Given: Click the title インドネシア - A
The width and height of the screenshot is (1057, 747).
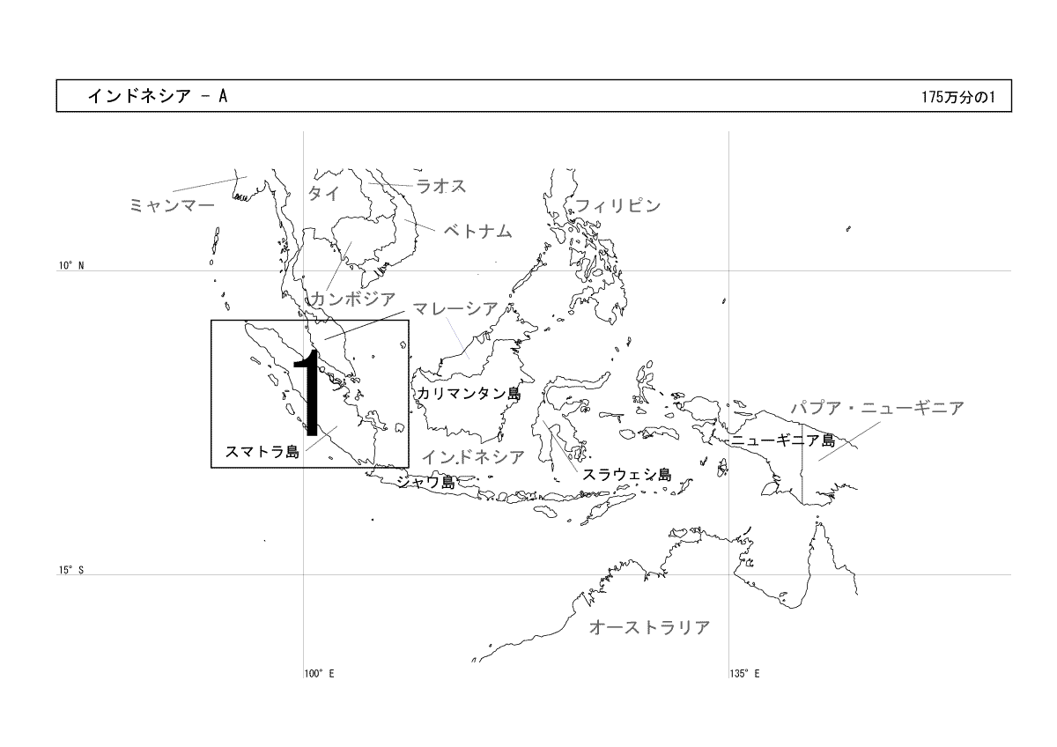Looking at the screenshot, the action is point(158,96).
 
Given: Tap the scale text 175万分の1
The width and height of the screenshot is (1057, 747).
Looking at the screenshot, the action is point(958,97).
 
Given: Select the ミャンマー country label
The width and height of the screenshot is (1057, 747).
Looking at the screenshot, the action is point(172,205).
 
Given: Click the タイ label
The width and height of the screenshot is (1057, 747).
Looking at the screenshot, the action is point(324,193).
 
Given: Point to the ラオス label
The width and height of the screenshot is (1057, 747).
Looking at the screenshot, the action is point(441,186).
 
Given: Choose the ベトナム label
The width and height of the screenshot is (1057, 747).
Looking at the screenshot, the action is point(477,231).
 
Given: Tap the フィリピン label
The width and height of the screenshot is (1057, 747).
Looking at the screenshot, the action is point(618,206).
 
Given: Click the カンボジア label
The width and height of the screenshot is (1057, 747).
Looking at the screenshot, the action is point(352,300).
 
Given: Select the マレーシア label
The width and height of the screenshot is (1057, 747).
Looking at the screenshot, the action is point(455,308).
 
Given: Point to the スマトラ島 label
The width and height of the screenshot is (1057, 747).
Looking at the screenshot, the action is point(262,452).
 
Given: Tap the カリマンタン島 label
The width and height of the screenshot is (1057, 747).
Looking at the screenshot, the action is point(469,394).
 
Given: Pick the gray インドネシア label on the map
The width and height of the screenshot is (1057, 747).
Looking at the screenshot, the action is point(473,457).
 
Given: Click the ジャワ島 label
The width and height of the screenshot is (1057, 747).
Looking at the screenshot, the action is point(426,482).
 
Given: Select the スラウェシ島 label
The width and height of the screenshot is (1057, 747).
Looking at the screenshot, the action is point(626,474).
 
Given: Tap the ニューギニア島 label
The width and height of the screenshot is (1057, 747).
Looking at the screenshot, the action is point(783,440).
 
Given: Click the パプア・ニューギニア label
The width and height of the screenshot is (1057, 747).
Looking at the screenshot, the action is point(877,408).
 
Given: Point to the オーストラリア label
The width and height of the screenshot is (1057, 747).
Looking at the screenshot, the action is point(650,627).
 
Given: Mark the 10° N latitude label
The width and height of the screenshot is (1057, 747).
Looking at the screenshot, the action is point(71,265).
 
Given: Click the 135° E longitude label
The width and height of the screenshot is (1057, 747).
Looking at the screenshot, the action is point(744,673).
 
